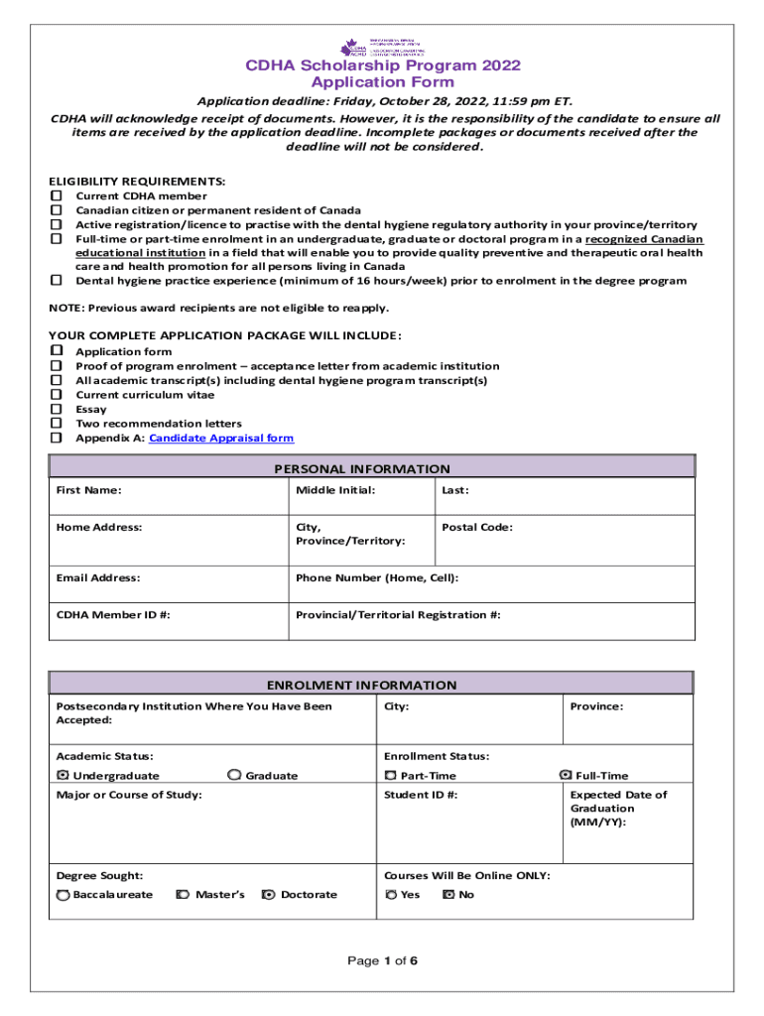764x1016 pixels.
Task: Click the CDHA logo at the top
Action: [383, 47]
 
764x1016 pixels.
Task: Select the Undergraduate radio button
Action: [64, 775]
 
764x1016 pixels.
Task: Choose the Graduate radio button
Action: [234, 775]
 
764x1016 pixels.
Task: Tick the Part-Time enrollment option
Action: [391, 775]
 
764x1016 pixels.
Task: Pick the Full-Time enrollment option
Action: [566, 775]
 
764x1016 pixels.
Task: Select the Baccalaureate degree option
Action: [64, 894]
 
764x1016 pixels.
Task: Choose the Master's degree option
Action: [183, 894]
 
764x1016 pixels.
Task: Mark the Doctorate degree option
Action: [268, 894]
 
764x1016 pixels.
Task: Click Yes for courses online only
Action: [391, 894]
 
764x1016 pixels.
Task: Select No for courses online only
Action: [447, 894]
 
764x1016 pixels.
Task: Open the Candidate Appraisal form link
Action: [220, 438]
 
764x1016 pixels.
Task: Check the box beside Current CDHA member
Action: [57, 196]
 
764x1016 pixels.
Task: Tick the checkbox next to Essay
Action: [57, 409]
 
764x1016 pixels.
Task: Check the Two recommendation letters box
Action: [57, 424]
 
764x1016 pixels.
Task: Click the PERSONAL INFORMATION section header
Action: [361, 468]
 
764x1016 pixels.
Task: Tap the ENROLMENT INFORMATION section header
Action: [361, 685]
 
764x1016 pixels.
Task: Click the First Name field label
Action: [89, 490]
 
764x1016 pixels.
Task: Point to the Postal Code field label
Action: [477, 527]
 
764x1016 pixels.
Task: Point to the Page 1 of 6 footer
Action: [381, 960]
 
